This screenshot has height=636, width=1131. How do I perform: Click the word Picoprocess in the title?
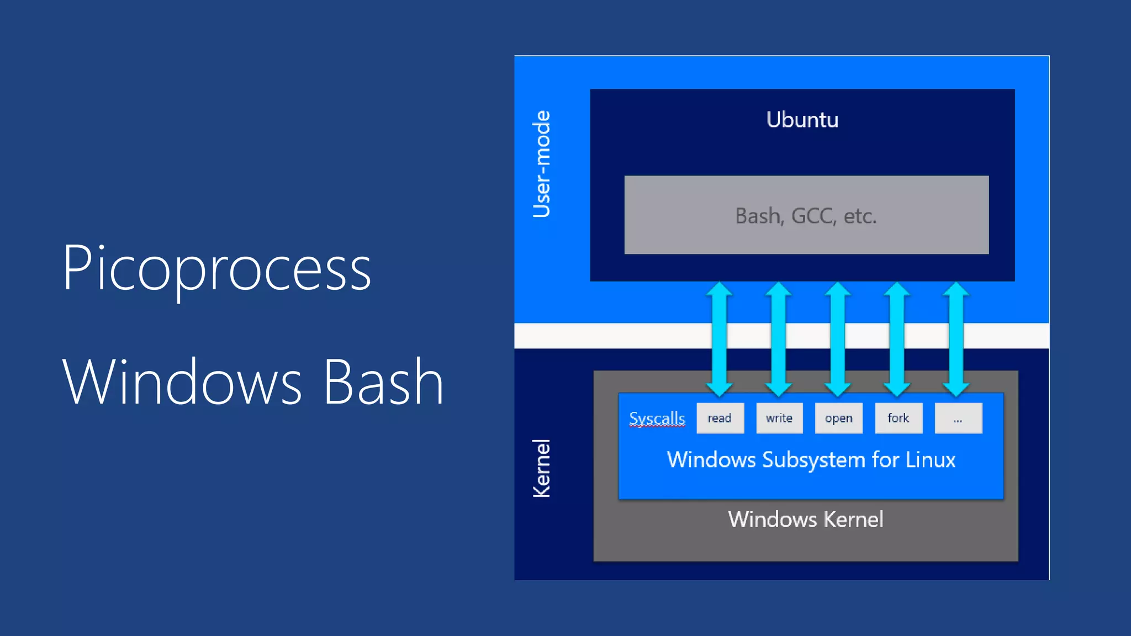[x=216, y=269]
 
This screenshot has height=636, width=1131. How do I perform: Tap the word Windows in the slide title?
[x=182, y=382]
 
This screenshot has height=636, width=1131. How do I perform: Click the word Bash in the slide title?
[x=383, y=382]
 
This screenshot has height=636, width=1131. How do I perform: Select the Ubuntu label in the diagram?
[x=802, y=120]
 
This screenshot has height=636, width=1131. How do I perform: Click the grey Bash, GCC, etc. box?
[x=806, y=215]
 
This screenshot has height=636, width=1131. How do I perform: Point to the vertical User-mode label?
[x=541, y=164]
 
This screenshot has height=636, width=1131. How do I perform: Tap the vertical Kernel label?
[x=541, y=468]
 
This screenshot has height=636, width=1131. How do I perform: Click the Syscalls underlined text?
[x=657, y=418]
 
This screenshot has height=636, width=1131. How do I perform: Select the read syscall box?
[x=720, y=418]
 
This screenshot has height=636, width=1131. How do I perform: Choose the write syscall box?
[x=779, y=418]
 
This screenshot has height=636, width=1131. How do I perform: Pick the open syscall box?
[x=838, y=418]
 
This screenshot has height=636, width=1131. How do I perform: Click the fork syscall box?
[x=898, y=418]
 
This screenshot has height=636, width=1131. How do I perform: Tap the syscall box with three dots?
[x=958, y=418]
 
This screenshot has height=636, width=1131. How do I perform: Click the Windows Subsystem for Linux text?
[x=811, y=460]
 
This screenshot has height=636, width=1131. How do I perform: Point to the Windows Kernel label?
[x=805, y=520]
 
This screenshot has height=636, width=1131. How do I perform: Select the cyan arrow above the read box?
[x=719, y=339]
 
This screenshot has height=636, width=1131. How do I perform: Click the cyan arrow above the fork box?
[x=897, y=339]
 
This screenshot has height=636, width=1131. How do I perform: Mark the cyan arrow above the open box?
[x=838, y=339]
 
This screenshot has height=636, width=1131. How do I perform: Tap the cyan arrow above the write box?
[x=779, y=339]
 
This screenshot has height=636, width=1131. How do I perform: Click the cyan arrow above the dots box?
[x=956, y=339]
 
